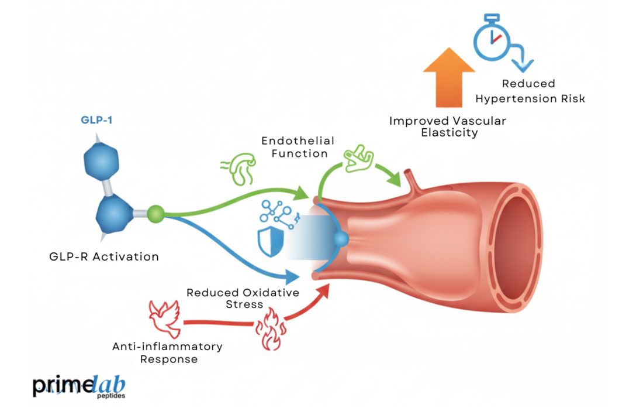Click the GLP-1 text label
coord(96,121)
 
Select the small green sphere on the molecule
coord(155,214)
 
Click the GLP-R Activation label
coord(104,256)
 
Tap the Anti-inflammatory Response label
coord(167,352)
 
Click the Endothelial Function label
coord(298,147)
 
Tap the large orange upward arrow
coord(448,77)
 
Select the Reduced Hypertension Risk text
coord(528,91)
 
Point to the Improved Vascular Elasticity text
coord(448,126)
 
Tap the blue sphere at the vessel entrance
coord(340,239)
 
